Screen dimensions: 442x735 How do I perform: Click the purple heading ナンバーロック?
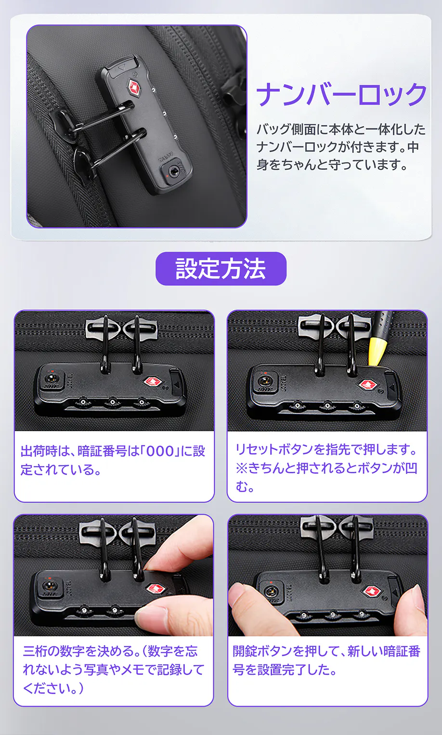(x=341, y=94)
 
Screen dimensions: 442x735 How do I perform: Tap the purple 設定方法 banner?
(x=221, y=268)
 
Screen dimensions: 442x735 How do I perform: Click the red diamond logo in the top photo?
(x=134, y=88)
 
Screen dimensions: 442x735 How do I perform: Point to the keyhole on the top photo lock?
(x=172, y=171)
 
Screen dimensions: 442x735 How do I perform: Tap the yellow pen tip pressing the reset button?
(x=376, y=353)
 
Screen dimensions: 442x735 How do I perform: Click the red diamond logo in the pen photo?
(x=366, y=384)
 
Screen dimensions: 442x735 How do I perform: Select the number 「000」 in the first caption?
(x=160, y=452)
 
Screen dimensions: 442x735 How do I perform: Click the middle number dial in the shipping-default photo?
(x=112, y=402)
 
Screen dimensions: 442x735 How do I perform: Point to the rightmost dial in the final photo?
(x=361, y=614)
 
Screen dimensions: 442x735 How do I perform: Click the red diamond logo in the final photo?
(x=371, y=591)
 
